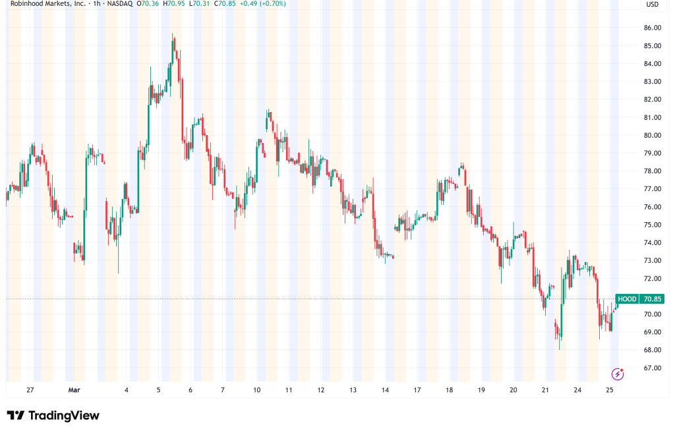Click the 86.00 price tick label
click(653, 28)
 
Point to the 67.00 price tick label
click(653, 368)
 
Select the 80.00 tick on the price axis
click(653, 135)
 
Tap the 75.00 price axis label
click(653, 225)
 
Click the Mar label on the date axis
click(73, 390)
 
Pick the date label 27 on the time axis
click(30, 390)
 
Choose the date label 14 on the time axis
click(385, 390)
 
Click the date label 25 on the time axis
click(610, 390)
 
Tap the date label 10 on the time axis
click(256, 390)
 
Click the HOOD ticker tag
click(627, 299)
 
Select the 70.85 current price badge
click(652, 299)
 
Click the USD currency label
click(653, 5)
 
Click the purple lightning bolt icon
click(618, 374)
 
